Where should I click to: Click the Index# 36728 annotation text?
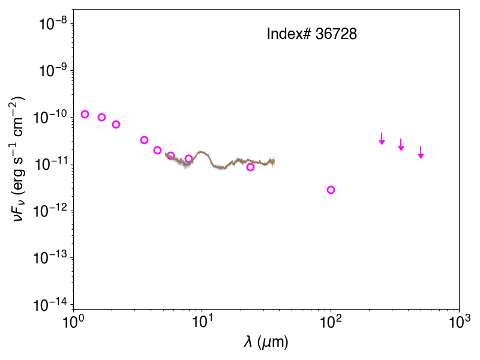pyautogui.click(x=311, y=34)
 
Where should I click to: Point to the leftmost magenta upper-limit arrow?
pyautogui.click(x=382, y=139)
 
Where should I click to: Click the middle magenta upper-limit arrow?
pyautogui.click(x=401, y=145)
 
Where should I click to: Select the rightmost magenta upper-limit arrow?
pyautogui.click(x=421, y=152)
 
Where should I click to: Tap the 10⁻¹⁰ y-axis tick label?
pyautogui.click(x=51, y=116)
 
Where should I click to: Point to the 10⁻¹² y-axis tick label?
pyautogui.click(x=51, y=211)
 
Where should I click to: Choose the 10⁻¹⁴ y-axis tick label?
pyautogui.click(x=51, y=304)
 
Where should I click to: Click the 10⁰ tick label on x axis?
pyautogui.click(x=73, y=322)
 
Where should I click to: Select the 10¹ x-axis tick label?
pyautogui.click(x=202, y=322)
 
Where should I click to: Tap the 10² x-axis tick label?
pyautogui.click(x=331, y=322)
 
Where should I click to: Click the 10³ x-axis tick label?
pyautogui.click(x=459, y=322)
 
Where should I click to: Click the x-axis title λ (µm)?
pyautogui.click(x=266, y=342)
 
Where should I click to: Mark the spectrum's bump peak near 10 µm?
pyautogui.click(x=201, y=152)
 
